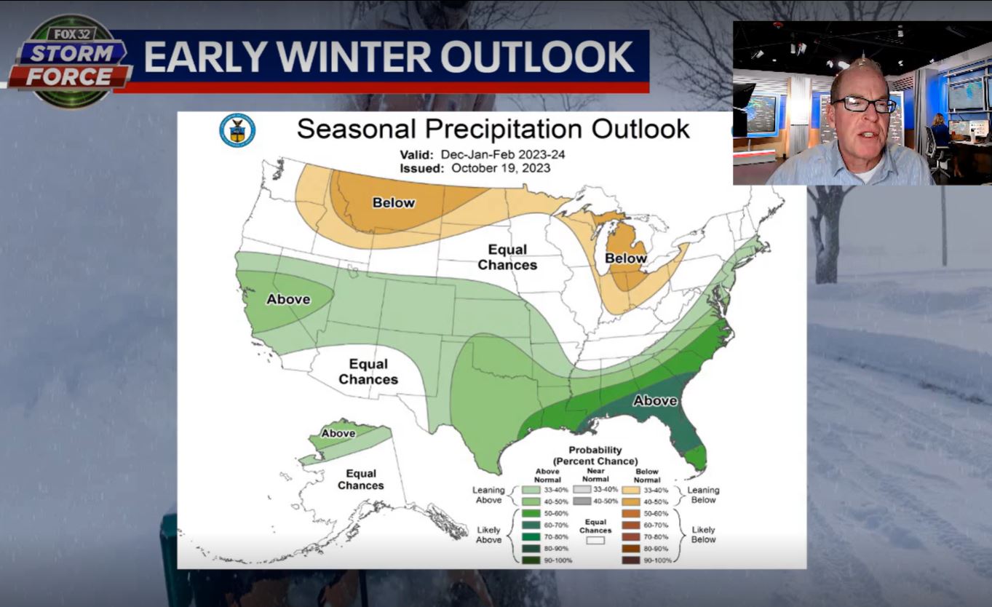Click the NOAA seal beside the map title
tap(237, 130)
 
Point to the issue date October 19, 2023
tap(501, 168)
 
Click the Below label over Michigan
tap(625, 258)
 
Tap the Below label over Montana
tap(394, 202)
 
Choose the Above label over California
tap(288, 299)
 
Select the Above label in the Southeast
tap(655, 400)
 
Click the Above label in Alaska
tap(338, 433)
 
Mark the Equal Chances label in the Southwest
tap(368, 371)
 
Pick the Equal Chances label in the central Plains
tap(507, 258)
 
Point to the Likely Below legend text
tap(703, 534)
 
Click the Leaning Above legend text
tap(488, 495)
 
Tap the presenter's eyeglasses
tap(864, 104)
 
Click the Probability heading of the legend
tap(595, 451)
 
